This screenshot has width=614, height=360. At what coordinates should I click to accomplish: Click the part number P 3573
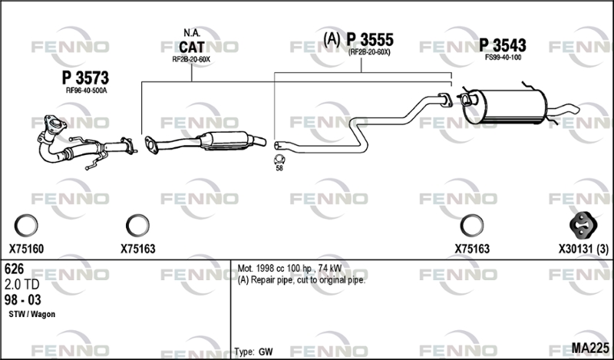coord(85,78)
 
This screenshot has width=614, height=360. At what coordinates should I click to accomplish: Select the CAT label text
coord(191,47)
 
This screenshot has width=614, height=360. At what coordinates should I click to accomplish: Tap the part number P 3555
coord(370,40)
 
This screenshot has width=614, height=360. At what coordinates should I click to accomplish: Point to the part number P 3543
coord(503,45)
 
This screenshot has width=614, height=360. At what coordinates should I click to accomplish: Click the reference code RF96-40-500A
coord(86,91)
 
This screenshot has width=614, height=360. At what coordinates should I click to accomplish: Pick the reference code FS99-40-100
coord(503,58)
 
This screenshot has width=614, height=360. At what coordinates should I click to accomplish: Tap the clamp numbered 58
coord(279,160)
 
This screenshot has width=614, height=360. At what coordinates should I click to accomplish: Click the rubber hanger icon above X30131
coord(583,225)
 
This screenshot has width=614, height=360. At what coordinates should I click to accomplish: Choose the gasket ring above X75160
coord(26,226)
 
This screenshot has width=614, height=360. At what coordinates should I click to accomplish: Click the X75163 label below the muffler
coord(472,249)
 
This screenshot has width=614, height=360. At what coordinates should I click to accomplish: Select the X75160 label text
coord(26,249)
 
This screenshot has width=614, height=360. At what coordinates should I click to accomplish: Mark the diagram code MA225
coord(590,348)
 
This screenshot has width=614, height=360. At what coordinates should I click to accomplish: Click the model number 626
coord(14,269)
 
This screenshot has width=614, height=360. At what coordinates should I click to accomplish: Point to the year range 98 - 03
coord(23,299)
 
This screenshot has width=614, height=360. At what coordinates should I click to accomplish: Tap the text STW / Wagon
coord(31,314)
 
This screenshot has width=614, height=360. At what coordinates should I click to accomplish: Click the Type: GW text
coord(254,352)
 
